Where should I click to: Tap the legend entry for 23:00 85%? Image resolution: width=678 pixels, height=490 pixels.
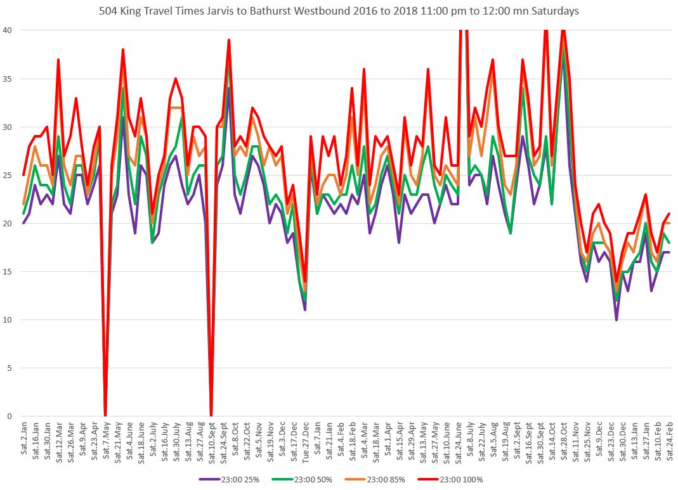pyautogui.click(x=377, y=480)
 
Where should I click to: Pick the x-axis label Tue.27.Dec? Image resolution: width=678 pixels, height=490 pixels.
pyautogui.click(x=305, y=444)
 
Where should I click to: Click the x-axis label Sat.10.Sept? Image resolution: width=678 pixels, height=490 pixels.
pyautogui.click(x=211, y=444)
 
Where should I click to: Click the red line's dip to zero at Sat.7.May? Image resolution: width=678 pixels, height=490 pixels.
pyautogui.click(x=105, y=415)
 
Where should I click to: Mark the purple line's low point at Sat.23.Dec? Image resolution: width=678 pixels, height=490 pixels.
pyautogui.click(x=616, y=319)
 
